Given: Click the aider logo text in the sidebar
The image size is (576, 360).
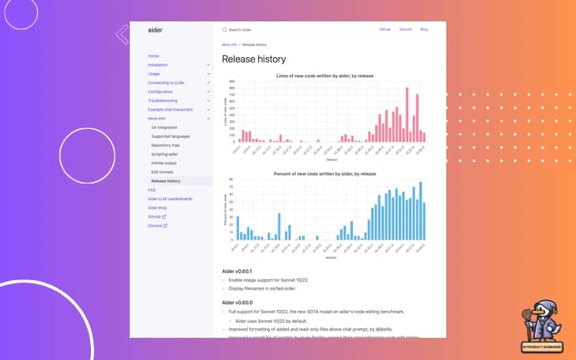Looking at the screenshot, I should point(155,29).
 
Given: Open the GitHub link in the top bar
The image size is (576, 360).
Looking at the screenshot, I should point(385,29).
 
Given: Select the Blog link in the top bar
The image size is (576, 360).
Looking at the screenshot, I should point(424,29).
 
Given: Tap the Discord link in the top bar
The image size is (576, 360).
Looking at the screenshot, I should point(405,29).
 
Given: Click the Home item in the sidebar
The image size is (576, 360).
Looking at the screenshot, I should point(153,56).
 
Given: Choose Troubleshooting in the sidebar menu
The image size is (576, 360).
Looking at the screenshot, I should point(164,100).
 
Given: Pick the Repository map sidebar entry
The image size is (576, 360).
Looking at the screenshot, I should point(165,146).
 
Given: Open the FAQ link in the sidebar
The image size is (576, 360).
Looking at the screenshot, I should point(152,190).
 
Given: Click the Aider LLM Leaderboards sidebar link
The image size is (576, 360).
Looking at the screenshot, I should point(170,199).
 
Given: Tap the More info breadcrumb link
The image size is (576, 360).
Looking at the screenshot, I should point(229,45).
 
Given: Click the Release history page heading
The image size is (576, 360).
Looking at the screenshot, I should point(254,59).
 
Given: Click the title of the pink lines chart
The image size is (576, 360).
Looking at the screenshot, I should point(324,75).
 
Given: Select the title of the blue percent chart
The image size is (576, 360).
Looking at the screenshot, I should point(324,172).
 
